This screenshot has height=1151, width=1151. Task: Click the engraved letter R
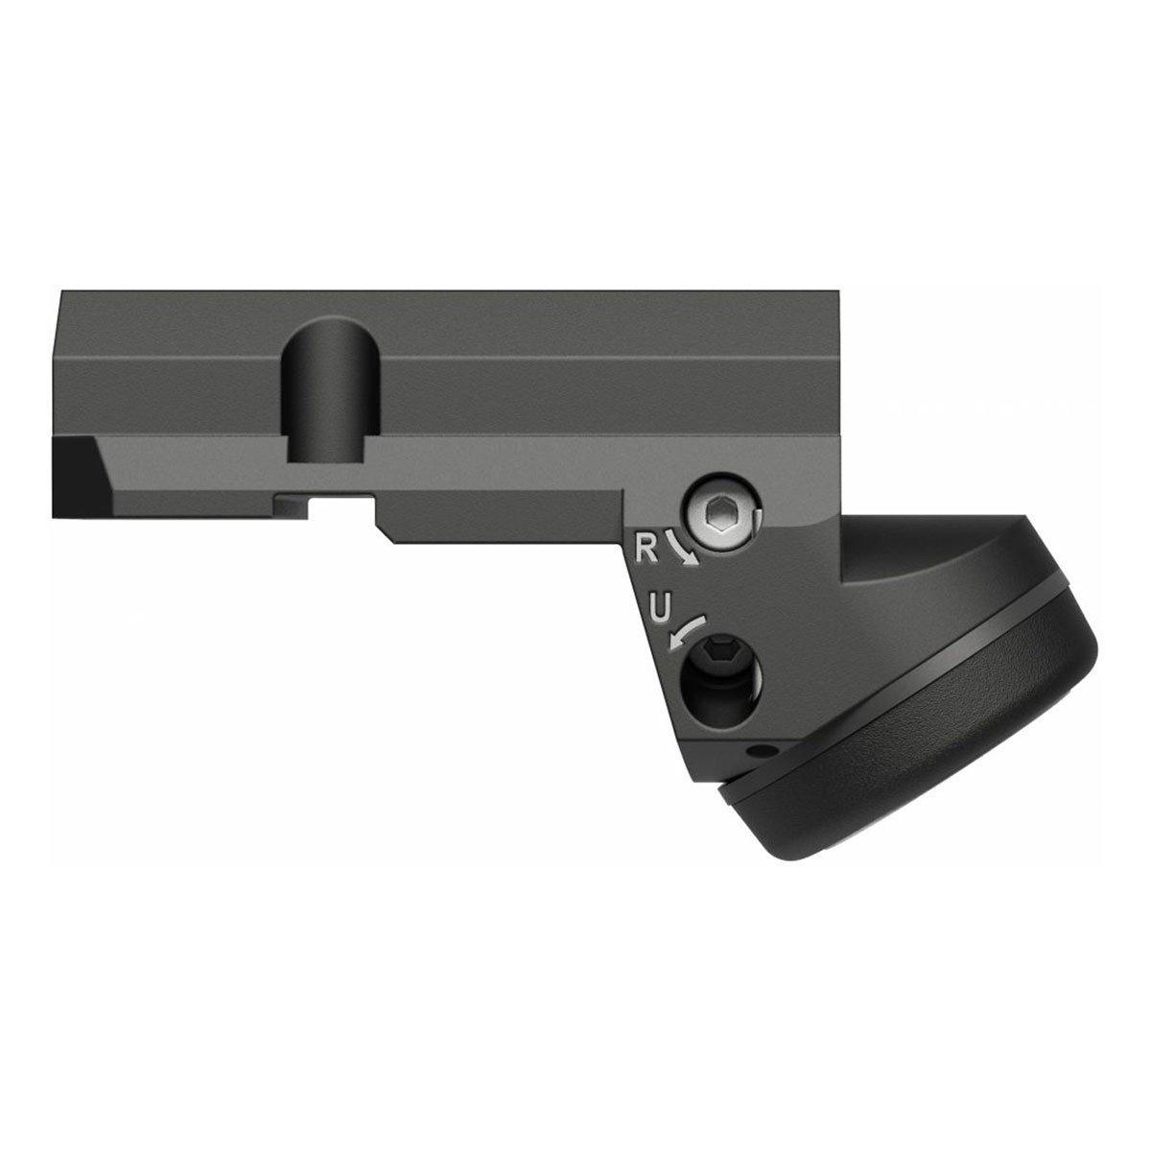point(646,547)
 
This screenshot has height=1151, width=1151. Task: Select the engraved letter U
point(658,607)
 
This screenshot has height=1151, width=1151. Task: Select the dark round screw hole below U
point(723,681)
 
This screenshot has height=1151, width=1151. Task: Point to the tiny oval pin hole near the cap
point(762,748)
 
